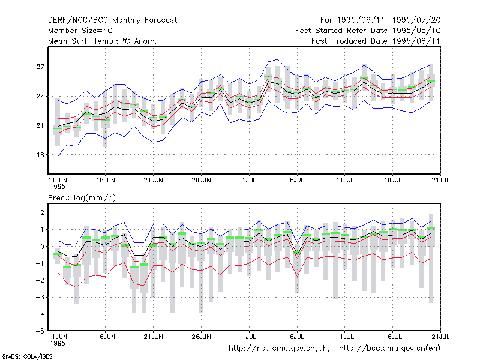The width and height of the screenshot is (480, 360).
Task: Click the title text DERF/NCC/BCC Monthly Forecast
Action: click(x=112, y=20)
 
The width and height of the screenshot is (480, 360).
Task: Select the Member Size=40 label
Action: click(x=80, y=31)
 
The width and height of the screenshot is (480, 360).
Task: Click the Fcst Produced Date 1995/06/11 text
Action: click(x=376, y=41)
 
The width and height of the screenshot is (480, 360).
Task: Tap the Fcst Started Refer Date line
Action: click(x=368, y=31)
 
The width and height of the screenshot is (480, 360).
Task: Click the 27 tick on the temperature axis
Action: click(x=40, y=67)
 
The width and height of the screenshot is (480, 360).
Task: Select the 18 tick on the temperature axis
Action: click(x=40, y=155)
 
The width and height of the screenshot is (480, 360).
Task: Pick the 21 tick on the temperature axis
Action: click(x=40, y=125)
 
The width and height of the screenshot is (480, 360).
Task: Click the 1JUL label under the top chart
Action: click(x=249, y=180)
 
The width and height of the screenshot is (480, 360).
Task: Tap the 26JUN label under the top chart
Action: click(x=201, y=180)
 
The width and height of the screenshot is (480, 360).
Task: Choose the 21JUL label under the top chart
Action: click(x=440, y=180)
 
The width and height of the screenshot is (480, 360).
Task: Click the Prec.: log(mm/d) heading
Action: click(x=82, y=198)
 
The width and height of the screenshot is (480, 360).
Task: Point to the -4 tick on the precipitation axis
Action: click(x=40, y=314)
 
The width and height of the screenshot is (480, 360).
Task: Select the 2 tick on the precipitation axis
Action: click(x=42, y=212)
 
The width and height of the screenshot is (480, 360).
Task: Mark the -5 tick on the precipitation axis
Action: click(x=40, y=331)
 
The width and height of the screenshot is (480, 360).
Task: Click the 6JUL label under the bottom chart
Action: click(x=297, y=337)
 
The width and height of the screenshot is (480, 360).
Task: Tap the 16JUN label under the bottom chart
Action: click(x=106, y=337)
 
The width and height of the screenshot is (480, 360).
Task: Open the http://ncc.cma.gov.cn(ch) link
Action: click(x=279, y=349)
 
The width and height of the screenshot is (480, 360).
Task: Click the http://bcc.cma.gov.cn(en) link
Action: click(x=389, y=349)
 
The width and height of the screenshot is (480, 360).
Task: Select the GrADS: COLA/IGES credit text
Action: click(x=27, y=356)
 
